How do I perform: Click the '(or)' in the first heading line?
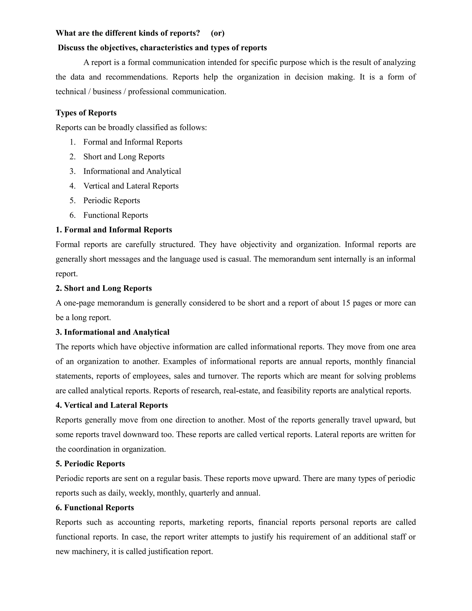tap(218, 33)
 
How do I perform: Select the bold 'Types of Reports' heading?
tap(86, 113)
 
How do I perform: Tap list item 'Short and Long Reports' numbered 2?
tap(124, 157)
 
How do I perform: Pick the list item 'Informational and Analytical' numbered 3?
tap(132, 171)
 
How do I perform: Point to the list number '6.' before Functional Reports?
tap(72, 215)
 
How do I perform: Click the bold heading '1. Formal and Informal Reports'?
tap(114, 230)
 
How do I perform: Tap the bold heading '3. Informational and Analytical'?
tap(112, 332)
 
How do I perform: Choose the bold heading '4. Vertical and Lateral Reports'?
tap(112, 405)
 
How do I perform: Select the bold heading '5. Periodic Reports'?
tap(90, 464)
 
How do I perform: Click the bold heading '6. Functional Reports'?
tap(95, 508)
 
